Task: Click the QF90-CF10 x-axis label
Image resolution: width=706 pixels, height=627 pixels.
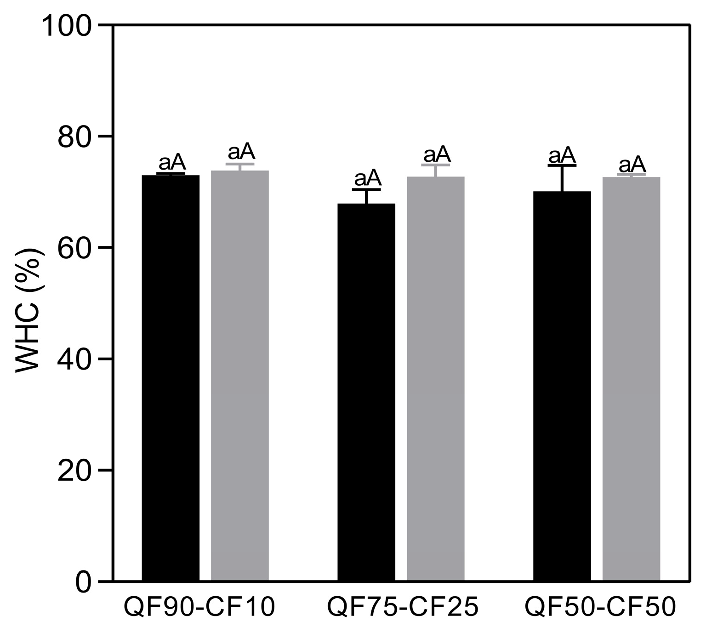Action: pos(199,607)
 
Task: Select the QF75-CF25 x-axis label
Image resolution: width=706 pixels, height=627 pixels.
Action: pos(403,607)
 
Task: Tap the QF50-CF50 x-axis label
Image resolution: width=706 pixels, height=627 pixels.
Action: pos(600,607)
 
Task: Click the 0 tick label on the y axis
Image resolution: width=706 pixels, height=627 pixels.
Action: pos(83,582)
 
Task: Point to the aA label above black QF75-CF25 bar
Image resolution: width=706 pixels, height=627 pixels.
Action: pos(367,177)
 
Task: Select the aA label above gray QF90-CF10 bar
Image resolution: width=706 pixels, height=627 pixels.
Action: pos(241,151)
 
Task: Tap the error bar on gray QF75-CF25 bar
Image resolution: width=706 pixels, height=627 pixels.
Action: pos(435,171)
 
